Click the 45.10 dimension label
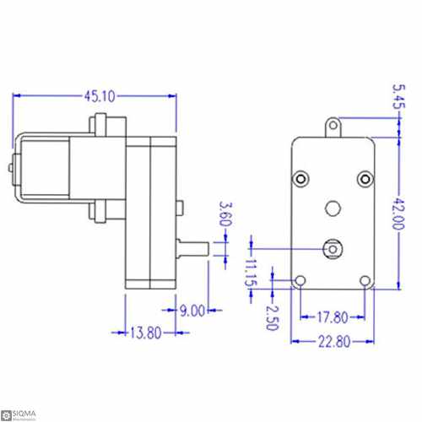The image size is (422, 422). tap(95, 98)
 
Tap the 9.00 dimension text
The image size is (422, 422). tap(191, 311)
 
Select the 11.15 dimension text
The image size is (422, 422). tap(250, 273)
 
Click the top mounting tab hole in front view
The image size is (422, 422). tap(333, 127)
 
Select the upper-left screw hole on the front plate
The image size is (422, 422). tap(301, 178)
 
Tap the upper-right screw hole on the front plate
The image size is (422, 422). tap(365, 178)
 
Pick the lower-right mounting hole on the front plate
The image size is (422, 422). tap(365, 281)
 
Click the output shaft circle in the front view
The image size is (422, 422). tap(333, 248)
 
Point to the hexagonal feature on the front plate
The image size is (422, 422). tap(333, 207)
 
